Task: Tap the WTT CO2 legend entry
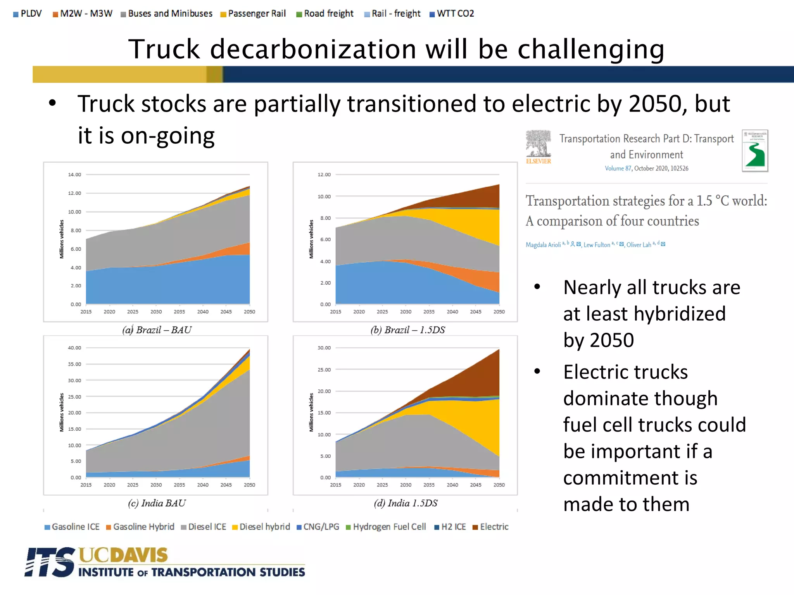pos(452,14)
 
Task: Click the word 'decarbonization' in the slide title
pos(313,49)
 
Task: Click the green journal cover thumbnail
pos(754,151)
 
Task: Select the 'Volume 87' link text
pos(618,169)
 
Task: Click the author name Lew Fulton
pos(596,245)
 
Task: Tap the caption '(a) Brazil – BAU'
pos(157,330)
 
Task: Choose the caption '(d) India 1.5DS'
pos(406,503)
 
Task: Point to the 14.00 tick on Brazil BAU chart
pos(74,175)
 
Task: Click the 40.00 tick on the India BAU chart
pos(74,348)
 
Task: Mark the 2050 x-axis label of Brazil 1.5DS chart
pos(499,312)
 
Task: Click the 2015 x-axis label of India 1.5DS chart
pos(335,485)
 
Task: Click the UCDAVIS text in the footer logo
pos(123,555)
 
